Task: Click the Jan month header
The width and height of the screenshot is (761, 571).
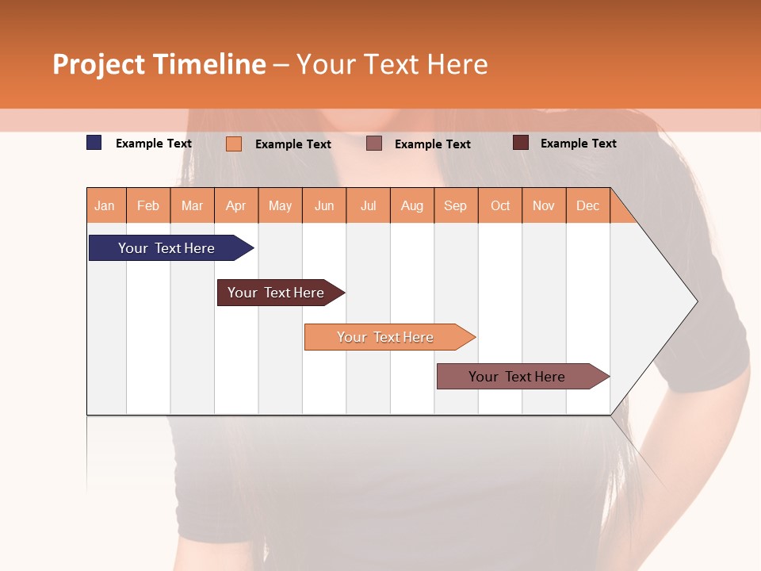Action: click(105, 206)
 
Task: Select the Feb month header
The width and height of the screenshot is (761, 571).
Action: click(148, 206)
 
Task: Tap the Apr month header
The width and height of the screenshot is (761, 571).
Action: click(235, 206)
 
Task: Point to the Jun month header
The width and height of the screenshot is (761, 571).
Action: click(324, 206)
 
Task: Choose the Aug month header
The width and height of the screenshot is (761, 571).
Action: click(411, 206)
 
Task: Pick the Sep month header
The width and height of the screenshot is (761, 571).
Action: click(455, 206)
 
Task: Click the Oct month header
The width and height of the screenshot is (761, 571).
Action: click(500, 206)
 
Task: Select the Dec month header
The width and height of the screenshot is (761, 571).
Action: click(587, 206)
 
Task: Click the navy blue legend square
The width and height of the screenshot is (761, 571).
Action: click(94, 143)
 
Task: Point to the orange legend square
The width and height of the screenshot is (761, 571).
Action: click(234, 144)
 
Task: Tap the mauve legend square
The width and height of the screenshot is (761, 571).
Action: click(374, 144)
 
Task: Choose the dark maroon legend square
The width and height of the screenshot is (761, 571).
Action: click(521, 143)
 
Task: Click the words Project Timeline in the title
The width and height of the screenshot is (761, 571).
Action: click(159, 64)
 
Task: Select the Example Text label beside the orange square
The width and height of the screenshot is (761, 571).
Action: click(293, 144)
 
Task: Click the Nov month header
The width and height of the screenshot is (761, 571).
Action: click(544, 206)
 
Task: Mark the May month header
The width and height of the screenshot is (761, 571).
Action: click(280, 206)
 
